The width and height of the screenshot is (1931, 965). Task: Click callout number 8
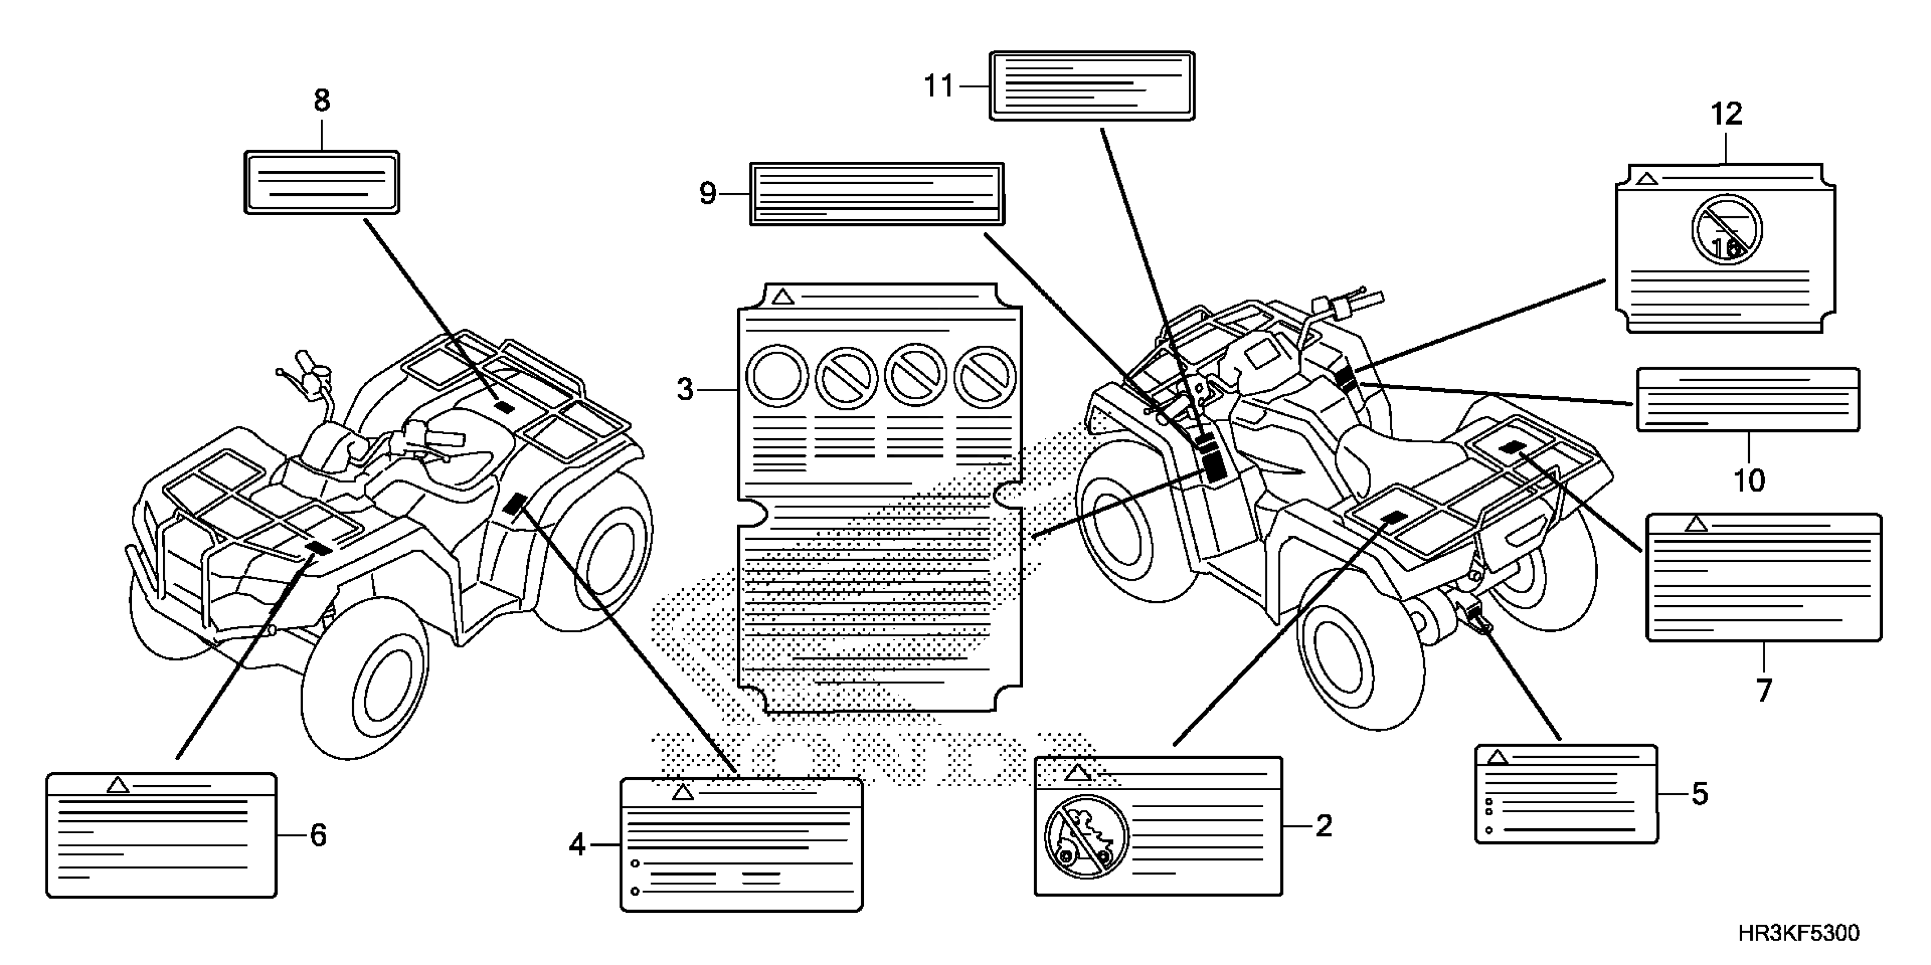click(321, 100)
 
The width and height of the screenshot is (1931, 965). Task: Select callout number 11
click(938, 86)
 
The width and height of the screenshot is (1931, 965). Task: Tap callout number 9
click(708, 194)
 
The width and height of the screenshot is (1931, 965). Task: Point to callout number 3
click(685, 389)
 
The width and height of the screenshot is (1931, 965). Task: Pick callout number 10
click(1749, 480)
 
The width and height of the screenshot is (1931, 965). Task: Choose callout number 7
click(1764, 689)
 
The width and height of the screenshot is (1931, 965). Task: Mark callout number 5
click(1699, 794)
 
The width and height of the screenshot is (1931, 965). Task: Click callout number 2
click(1324, 826)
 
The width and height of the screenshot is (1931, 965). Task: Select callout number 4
click(576, 845)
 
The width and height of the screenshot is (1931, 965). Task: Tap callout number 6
click(318, 834)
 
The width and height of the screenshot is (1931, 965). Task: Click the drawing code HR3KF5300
click(1799, 934)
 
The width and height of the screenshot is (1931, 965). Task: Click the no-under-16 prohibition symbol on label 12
click(1727, 229)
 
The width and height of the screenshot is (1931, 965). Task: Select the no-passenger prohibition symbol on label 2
click(1086, 836)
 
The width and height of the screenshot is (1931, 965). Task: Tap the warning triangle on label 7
click(1696, 524)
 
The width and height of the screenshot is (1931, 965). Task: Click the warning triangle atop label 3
click(783, 297)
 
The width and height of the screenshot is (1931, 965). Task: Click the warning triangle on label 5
click(1497, 757)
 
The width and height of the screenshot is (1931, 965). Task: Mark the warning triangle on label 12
click(1647, 179)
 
